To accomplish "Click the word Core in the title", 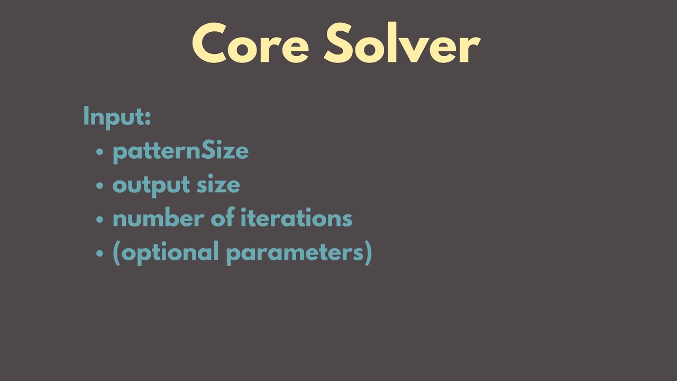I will tap(250, 44).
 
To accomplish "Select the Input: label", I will tap(117, 116).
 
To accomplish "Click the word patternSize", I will tap(180, 151).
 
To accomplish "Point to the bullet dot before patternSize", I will tap(100, 152).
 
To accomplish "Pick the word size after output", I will tap(218, 185).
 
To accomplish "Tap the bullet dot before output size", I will tap(100, 186).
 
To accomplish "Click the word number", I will tap(157, 219).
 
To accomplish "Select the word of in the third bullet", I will tap(222, 219).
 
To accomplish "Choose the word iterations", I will tap(296, 219).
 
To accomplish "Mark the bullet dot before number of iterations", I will tap(100, 220).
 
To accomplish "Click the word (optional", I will tap(166, 252).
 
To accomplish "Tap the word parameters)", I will tap(299, 252).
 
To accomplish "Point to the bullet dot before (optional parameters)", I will tap(100, 253).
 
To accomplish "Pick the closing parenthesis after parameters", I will tap(369, 252).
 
